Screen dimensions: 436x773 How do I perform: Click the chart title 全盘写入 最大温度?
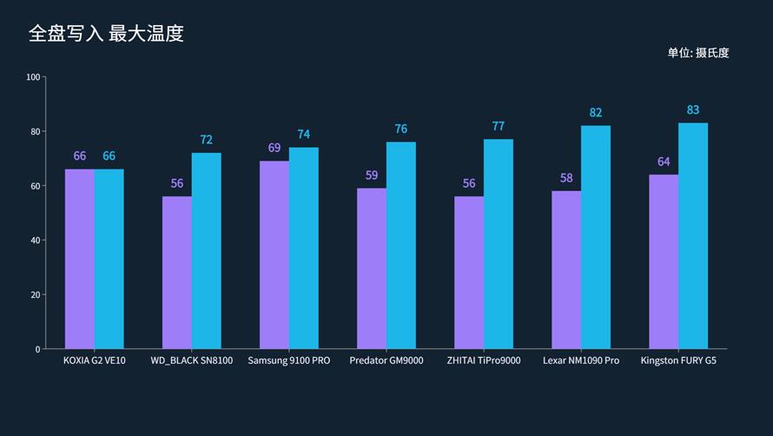(106, 34)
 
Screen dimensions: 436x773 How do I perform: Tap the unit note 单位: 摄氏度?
(697, 53)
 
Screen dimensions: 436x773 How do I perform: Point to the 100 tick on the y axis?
(34, 77)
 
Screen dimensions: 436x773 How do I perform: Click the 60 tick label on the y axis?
(35, 186)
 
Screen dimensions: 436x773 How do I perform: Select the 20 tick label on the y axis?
(35, 294)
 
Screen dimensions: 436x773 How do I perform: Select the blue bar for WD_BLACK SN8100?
(207, 251)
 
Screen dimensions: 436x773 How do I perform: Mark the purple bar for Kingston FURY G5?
(664, 261)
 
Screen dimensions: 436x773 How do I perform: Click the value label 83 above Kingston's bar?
(693, 110)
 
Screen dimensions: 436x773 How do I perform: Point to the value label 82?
(596, 113)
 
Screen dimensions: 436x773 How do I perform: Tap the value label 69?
(274, 149)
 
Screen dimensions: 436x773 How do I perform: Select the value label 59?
(372, 175)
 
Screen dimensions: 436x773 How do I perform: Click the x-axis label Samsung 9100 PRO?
(289, 360)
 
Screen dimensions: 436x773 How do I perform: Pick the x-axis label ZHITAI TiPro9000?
(484, 360)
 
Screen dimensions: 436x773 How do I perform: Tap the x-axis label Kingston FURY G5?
(678, 360)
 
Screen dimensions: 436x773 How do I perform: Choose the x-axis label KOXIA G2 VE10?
(95, 360)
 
